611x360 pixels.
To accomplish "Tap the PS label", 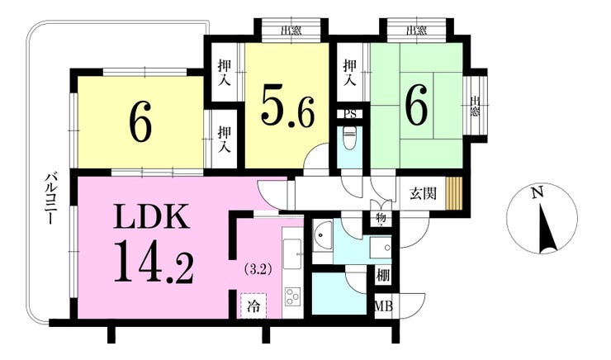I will (x=350, y=114).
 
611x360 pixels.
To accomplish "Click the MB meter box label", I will (x=383, y=308).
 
